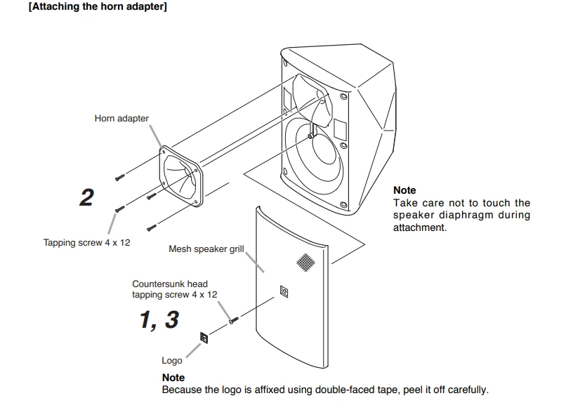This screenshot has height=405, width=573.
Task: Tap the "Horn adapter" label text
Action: pyautogui.click(x=121, y=119)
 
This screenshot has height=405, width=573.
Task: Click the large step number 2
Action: pyautogui.click(x=86, y=197)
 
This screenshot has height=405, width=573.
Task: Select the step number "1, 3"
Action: pyautogui.click(x=159, y=319)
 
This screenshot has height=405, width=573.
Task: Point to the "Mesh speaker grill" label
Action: pyautogui.click(x=206, y=249)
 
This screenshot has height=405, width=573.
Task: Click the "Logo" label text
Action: pyautogui.click(x=172, y=360)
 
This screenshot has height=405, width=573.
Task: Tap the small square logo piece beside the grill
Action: pyautogui.click(x=204, y=338)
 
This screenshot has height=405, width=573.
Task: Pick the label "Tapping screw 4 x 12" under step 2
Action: pyautogui.click(x=86, y=243)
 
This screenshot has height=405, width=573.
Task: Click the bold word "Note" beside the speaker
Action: pyautogui.click(x=404, y=190)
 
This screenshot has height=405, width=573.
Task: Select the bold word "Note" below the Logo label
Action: pyautogui.click(x=173, y=378)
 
